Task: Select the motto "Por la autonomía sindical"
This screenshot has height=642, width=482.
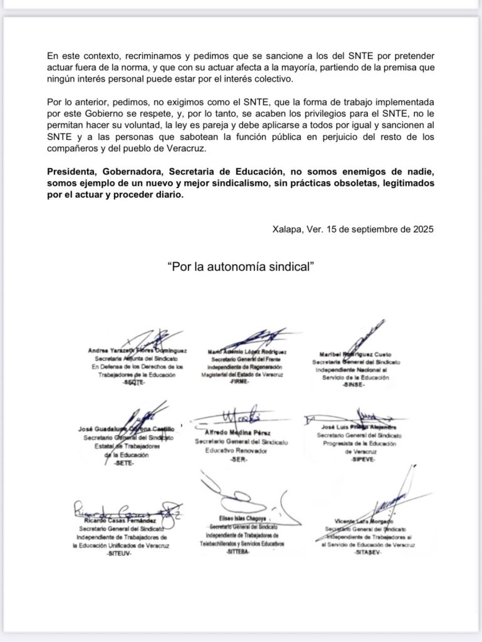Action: click(241, 266)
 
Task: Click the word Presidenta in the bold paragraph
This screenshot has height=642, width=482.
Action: click(73, 172)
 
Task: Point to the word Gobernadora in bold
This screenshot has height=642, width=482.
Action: click(135, 172)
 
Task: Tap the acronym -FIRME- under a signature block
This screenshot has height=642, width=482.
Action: click(241, 382)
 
